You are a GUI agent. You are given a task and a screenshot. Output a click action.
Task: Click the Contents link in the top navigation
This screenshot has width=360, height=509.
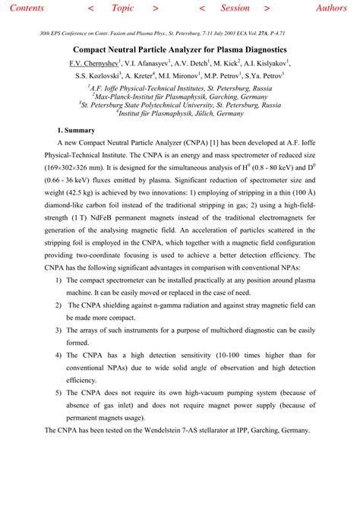[x=24, y=8]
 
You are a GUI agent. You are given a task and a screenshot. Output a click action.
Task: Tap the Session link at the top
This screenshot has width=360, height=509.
[x=235, y=8]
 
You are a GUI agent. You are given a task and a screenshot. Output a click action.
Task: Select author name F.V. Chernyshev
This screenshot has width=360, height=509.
[x=93, y=64]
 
